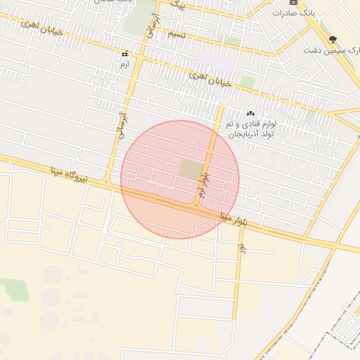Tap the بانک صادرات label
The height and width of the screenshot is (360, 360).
tap(312, 13)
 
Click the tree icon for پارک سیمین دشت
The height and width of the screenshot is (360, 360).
tap(333, 40)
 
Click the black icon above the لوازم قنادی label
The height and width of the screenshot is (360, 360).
tap(250, 113)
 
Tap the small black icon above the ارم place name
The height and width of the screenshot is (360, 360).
tap(124, 53)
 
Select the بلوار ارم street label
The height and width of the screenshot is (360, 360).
tap(204, 184)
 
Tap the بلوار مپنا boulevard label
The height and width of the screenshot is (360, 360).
tap(235, 216)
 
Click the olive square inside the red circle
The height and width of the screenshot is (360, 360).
tap(190, 169)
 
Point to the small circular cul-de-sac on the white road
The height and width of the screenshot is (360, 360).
tap(120, 246)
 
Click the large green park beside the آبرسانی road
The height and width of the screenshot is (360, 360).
tap(136, 17)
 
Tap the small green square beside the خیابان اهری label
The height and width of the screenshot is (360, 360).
tap(247, 82)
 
